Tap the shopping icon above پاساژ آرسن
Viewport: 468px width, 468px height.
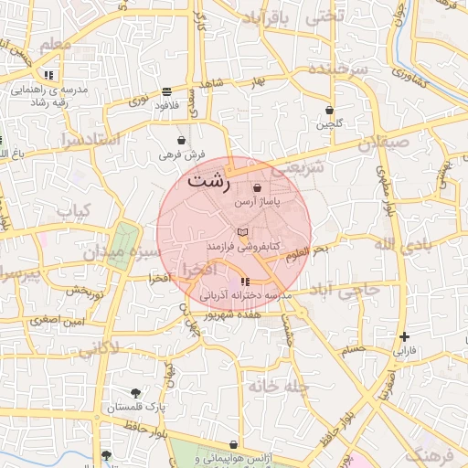pyautogui.click(x=258, y=187)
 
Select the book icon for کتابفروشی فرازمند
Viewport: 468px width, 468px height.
pyautogui.click(x=241, y=234)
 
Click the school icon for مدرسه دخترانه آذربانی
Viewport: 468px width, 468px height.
pyautogui.click(x=244, y=282)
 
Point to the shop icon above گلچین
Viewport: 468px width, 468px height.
pyautogui.click(x=328, y=110)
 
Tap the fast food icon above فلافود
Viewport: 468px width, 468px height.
pyautogui.click(x=166, y=91)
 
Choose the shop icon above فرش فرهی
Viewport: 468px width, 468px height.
pyautogui.click(x=183, y=141)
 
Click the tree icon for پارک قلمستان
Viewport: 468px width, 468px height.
pyautogui.click(x=135, y=392)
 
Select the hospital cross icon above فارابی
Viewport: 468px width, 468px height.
pyautogui.click(x=404, y=337)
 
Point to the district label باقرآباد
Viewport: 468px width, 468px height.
pyautogui.click(x=268, y=17)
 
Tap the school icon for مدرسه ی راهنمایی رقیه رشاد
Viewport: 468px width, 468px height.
pyautogui.click(x=48, y=75)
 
